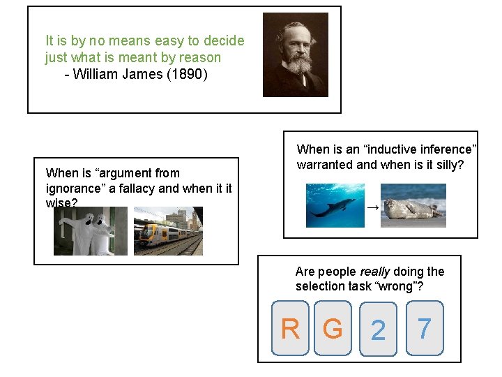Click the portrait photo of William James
tap(295, 54)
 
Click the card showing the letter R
tap(290, 328)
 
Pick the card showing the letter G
tap(333, 328)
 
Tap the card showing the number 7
tap(424, 327)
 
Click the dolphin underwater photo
tap(335, 205)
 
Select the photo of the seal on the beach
tap(413, 205)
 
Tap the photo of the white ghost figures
tap(91, 231)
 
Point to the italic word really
tap(375, 272)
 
